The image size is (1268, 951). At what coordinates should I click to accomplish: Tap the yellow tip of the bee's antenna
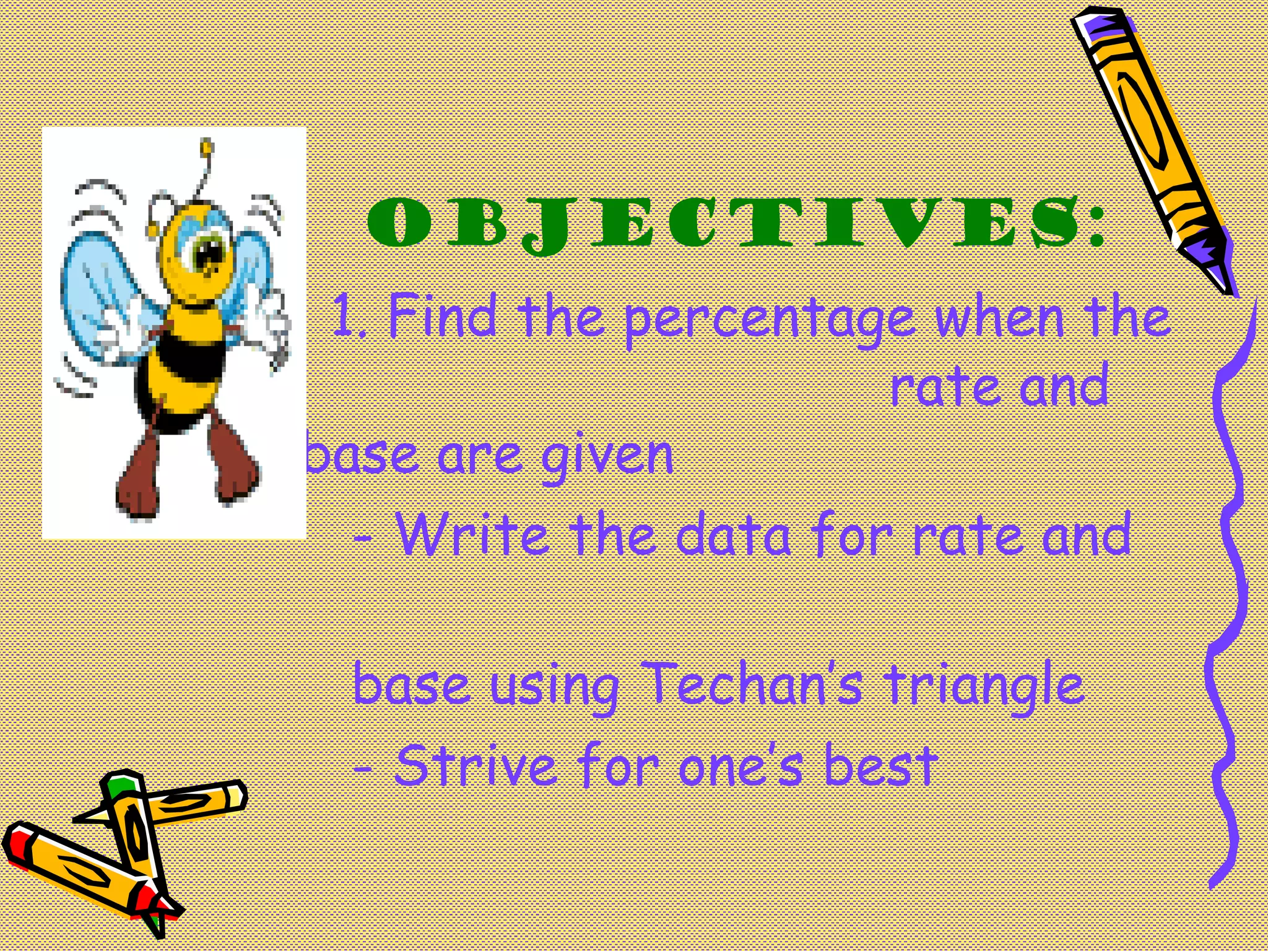[x=207, y=147]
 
